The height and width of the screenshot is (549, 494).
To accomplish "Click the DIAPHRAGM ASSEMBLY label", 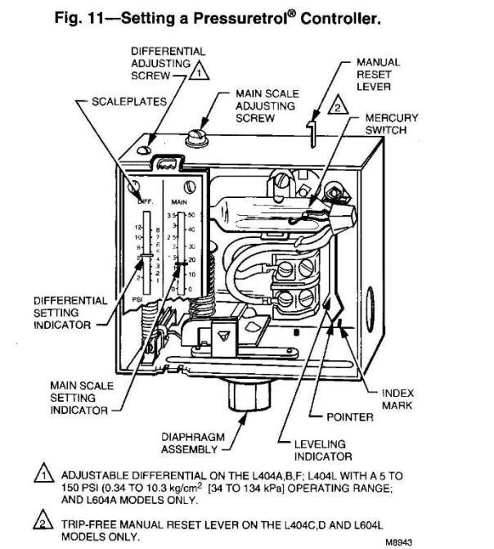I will coord(190,443).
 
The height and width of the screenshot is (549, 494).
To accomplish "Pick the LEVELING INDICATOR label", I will coord(322,449).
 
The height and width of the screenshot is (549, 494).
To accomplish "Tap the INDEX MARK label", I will coord(397,399).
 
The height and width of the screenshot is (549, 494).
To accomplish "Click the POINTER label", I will coord(350,416).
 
